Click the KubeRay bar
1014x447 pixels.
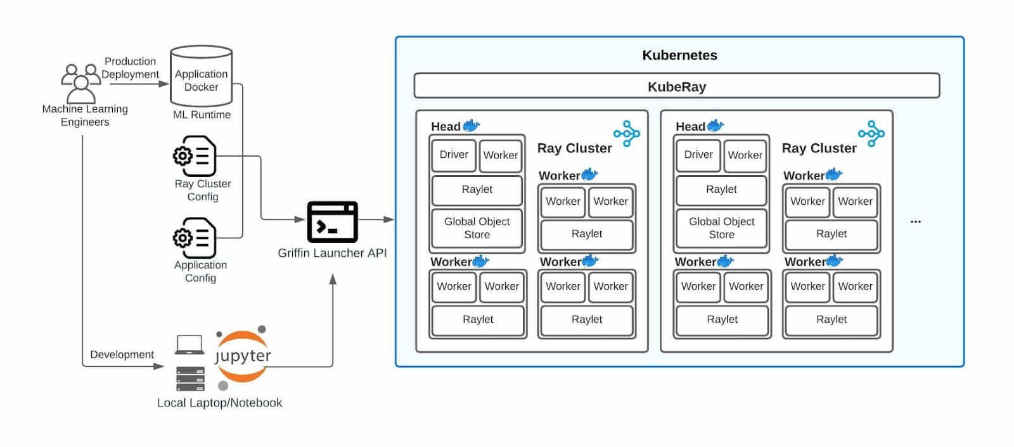(676, 86)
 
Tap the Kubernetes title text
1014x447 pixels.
(679, 55)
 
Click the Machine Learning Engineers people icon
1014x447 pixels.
(81, 82)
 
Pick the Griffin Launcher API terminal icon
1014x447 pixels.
(332, 222)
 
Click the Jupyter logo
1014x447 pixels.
(243, 356)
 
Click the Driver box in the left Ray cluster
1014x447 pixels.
(454, 155)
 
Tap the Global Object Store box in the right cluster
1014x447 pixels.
(721, 228)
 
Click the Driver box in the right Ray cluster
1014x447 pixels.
(698, 155)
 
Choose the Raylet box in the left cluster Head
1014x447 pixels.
(477, 190)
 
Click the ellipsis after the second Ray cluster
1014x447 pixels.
(915, 222)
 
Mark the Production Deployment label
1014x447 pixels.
(130, 68)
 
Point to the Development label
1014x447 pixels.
(122, 354)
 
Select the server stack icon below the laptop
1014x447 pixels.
(190, 379)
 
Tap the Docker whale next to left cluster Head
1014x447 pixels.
(472, 125)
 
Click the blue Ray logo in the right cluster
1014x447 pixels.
(871, 134)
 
